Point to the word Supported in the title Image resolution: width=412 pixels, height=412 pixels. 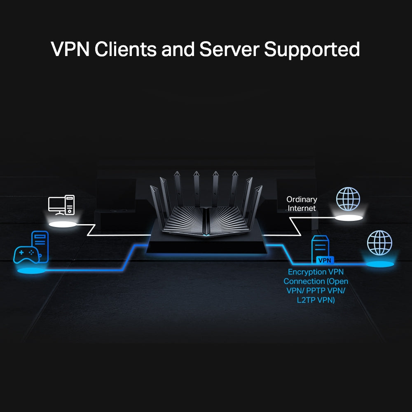tap(312, 49)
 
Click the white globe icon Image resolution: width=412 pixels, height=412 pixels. tap(348, 199)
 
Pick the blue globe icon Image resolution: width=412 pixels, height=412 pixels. tap(379, 243)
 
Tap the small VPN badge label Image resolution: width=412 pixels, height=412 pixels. tap(325, 260)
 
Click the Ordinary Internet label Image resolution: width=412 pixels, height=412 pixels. tap(302, 204)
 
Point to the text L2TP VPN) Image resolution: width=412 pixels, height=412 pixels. tap(316, 300)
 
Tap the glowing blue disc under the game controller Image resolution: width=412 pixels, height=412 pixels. tap(31, 271)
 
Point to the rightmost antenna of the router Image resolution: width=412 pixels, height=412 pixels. tap(257, 202)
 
